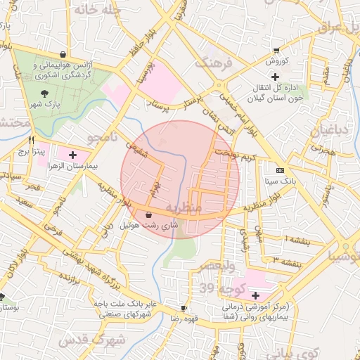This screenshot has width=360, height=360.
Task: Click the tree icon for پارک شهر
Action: pyautogui.click(x=46, y=93)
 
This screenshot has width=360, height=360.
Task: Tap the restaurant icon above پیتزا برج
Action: pyautogui.click(x=32, y=139)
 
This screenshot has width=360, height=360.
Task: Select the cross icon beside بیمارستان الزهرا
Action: pyautogui.click(x=72, y=153)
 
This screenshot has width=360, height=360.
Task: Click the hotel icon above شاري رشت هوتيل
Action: pyautogui.click(x=149, y=214)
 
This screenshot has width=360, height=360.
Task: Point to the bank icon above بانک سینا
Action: pyautogui.click(x=281, y=171)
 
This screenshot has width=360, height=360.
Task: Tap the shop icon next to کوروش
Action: pyautogui.click(x=275, y=51)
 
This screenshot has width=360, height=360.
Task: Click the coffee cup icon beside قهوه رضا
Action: pyautogui.click(x=184, y=308)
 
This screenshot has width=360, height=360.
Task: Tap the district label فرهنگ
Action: pyautogui.click(x=212, y=63)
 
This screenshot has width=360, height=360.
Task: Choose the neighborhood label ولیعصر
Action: pyautogui.click(x=212, y=266)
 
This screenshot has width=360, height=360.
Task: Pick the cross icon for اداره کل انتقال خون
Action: pyautogui.click(x=275, y=76)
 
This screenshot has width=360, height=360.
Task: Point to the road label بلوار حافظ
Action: pyautogui.click(x=140, y=47)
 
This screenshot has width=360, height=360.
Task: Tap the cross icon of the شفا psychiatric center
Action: pyautogui.click(x=255, y=296)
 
